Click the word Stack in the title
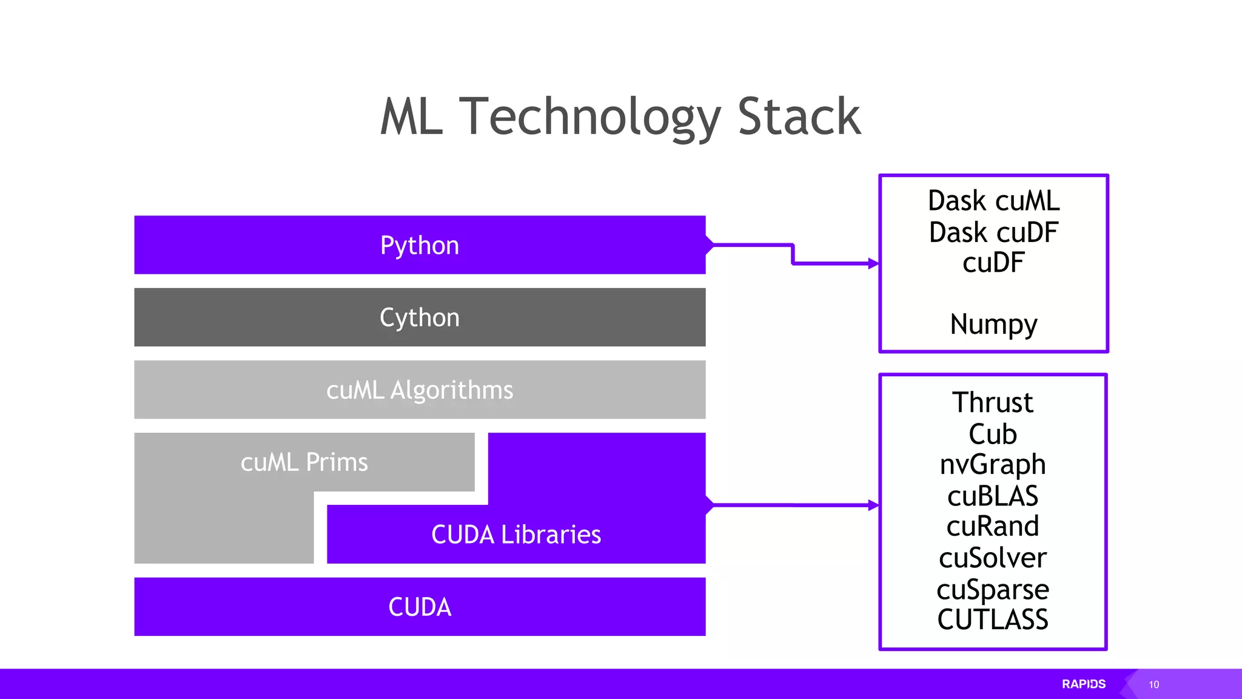(799, 116)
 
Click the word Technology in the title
(589, 116)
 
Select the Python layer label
(420, 245)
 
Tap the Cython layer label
(420, 317)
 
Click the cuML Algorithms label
(420, 390)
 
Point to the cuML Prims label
(304, 462)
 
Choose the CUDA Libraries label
(516, 535)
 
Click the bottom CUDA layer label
(420, 607)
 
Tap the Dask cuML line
(993, 201)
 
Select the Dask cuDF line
(993, 232)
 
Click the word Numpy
(993, 325)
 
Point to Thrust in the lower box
(993, 402)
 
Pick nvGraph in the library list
(993, 465)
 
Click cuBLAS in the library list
(993, 496)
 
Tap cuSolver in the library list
(993, 558)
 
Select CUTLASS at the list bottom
(993, 620)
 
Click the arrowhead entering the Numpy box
(874, 263)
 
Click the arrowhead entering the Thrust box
(874, 505)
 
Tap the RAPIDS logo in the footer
(1084, 684)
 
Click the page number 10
(1153, 684)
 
